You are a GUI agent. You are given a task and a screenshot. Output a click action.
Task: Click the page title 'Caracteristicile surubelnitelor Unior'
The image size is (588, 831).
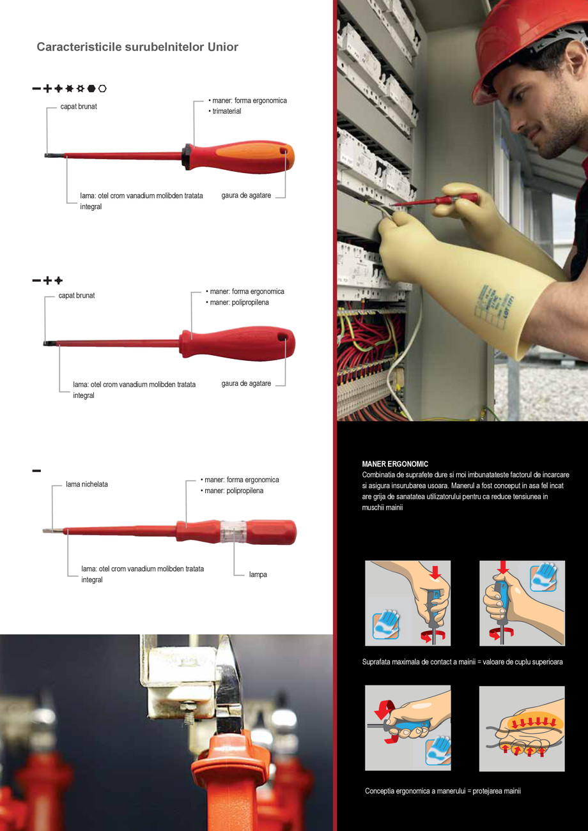(x=137, y=47)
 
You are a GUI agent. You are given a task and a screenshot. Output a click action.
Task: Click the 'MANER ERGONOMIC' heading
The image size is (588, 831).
(x=395, y=464)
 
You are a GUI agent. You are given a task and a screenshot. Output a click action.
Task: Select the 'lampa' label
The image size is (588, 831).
(x=258, y=575)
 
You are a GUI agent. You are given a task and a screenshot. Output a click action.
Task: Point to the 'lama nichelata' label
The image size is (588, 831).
(x=87, y=484)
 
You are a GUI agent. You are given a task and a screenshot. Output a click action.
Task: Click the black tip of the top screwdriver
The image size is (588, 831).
(x=49, y=155)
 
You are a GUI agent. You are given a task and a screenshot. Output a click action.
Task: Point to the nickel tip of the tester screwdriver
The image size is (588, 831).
(x=49, y=530)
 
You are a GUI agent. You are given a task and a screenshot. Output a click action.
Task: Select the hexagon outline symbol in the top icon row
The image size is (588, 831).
(x=103, y=88)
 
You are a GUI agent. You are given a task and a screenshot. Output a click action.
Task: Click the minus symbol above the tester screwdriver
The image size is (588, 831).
(x=36, y=471)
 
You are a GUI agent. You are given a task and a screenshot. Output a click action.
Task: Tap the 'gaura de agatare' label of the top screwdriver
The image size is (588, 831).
(x=246, y=195)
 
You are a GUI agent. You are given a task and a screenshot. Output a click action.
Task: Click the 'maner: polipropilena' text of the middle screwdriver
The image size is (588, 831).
(x=240, y=302)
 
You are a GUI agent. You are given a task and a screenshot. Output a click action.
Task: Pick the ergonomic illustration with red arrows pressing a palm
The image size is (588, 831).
(x=522, y=728)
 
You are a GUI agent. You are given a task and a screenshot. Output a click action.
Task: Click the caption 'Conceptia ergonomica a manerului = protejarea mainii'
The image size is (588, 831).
(x=442, y=791)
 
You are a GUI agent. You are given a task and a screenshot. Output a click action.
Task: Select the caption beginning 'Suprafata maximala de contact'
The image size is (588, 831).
(x=462, y=662)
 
